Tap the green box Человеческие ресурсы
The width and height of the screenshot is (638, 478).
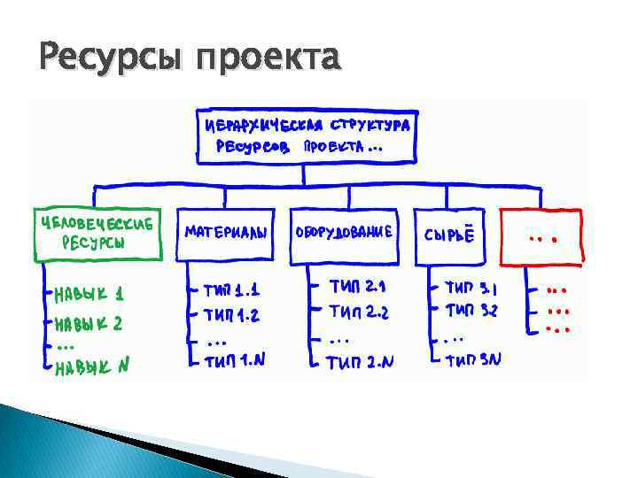coord(97,234)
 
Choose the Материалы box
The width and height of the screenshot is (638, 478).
coord(227,235)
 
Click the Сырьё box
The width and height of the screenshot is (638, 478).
coord(450,236)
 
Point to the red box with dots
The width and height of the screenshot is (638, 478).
coord(541,236)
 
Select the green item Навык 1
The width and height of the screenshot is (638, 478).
coord(89,293)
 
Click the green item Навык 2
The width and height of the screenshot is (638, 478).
coord(89,323)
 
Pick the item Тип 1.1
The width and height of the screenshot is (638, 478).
coord(231,289)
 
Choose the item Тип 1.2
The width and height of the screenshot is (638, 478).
coord(231,314)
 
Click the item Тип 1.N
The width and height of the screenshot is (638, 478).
coord(231,360)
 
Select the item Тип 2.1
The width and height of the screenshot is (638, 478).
coord(357,287)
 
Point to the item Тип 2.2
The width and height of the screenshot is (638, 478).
coord(359,312)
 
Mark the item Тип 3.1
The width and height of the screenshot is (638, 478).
coord(471,288)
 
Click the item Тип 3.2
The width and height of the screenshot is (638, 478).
coord(471,311)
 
